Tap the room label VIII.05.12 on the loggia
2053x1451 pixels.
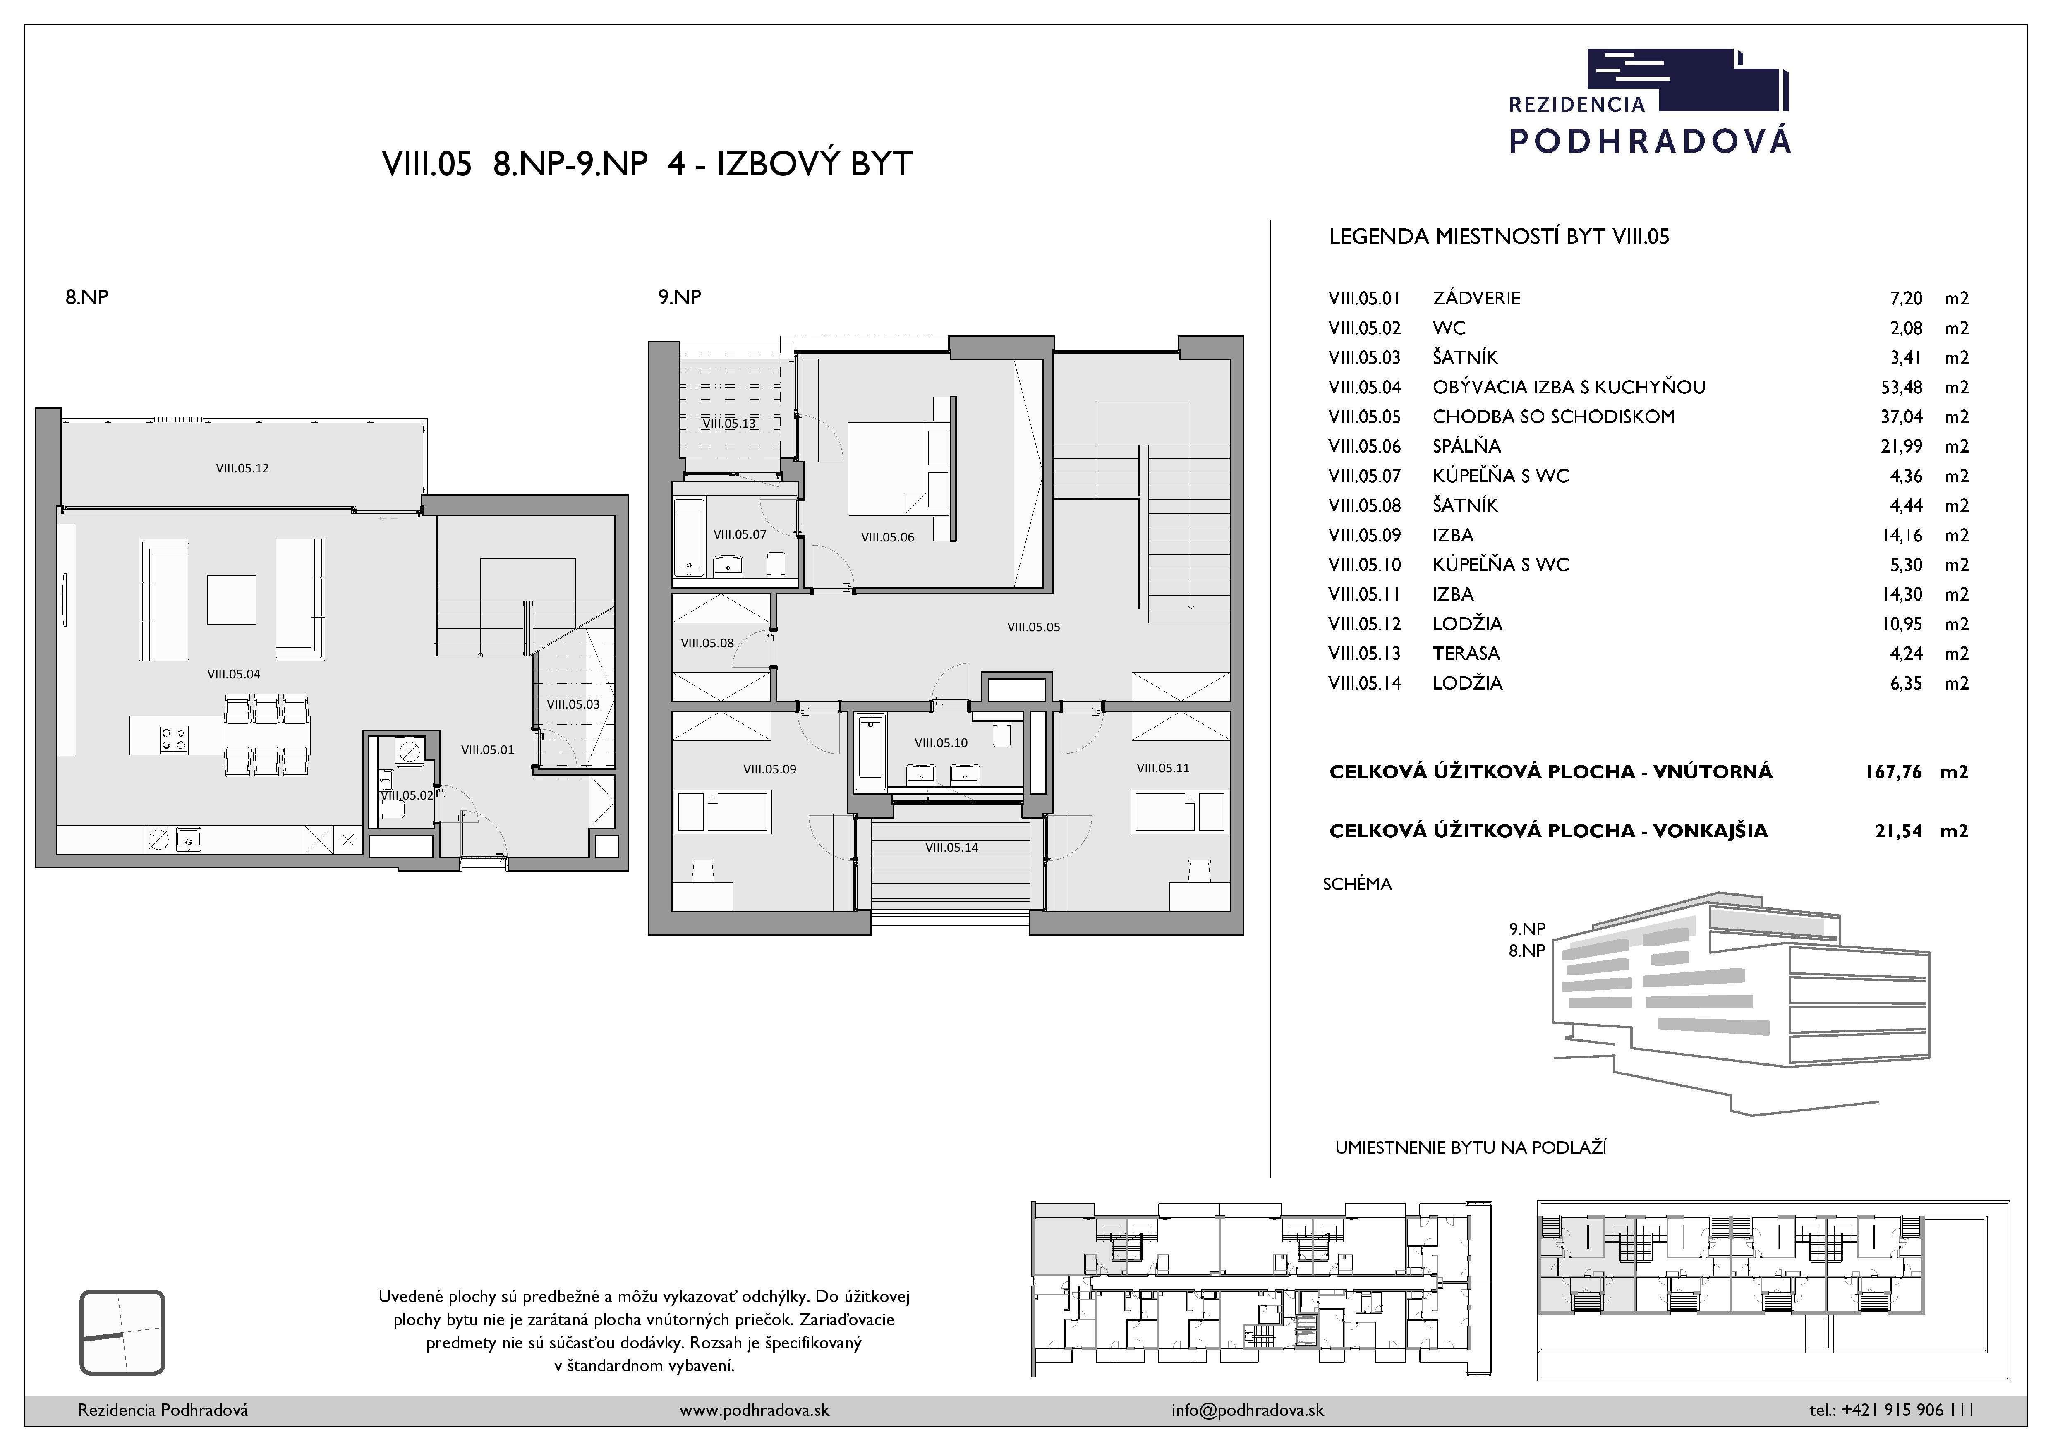click(242, 467)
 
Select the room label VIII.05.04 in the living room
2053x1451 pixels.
click(233, 674)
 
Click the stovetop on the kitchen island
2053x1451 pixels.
click(173, 738)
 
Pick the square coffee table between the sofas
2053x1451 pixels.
click(232, 599)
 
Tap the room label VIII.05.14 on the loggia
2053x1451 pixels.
click(951, 848)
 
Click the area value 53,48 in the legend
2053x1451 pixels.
click(1902, 387)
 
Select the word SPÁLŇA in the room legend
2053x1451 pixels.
click(1466, 446)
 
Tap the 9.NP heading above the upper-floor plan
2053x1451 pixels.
click(680, 297)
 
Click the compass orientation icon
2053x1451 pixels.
click(122, 1332)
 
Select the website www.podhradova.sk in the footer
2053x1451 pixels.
click(754, 1410)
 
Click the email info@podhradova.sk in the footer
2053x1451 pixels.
click(1247, 1410)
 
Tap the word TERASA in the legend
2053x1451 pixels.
click(1466, 654)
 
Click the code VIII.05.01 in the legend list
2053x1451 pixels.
click(1365, 299)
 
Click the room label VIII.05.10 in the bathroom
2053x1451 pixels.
click(941, 742)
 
